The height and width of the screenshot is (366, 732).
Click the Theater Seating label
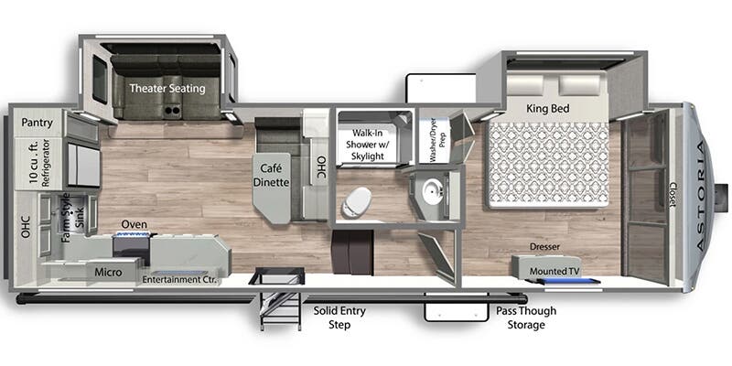pyautogui.click(x=167, y=88)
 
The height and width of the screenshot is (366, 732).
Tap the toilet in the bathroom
pyautogui.click(x=357, y=202)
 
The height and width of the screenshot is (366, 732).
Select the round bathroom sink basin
pyautogui.click(x=432, y=191)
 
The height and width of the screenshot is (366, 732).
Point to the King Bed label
pyautogui.click(x=547, y=109)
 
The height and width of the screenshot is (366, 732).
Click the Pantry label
pyautogui.click(x=37, y=124)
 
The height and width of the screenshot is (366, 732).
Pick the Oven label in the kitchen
pyautogui.click(x=135, y=224)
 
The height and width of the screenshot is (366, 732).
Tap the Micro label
pyautogui.click(x=108, y=272)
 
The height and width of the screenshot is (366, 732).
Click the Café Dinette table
pyautogui.click(x=271, y=187)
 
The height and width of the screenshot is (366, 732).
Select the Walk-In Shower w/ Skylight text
pyautogui.click(x=364, y=145)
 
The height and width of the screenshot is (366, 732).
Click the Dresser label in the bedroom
pyautogui.click(x=544, y=246)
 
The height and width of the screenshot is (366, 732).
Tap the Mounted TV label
pyautogui.click(x=552, y=271)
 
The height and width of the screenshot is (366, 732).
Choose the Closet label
pyautogui.click(x=673, y=194)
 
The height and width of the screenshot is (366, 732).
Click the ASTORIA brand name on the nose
pyautogui.click(x=701, y=196)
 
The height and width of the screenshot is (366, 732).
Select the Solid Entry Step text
pyautogui.click(x=339, y=318)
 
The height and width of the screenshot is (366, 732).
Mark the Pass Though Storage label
pyautogui.click(x=526, y=318)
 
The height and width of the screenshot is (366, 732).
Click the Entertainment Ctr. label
pyautogui.click(x=179, y=280)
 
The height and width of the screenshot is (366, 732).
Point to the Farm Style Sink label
pyautogui.click(x=73, y=217)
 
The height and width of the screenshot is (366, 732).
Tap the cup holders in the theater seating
pyautogui.click(x=172, y=111)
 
